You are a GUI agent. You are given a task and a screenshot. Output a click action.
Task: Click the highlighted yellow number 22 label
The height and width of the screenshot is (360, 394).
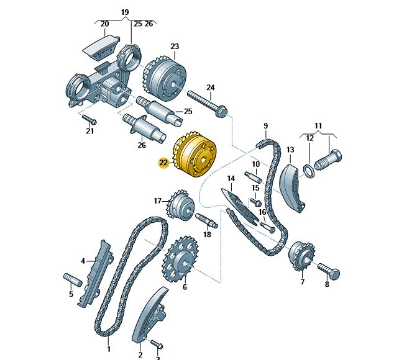click(163, 163)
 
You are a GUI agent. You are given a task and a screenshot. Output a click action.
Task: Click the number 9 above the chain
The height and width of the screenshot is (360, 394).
click(266, 126)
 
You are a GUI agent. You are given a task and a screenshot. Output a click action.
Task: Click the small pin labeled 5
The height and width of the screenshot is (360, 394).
click(73, 279)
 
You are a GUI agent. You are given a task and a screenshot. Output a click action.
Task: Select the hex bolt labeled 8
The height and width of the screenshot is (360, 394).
click(329, 271)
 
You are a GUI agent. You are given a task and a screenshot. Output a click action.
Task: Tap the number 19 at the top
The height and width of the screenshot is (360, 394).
click(125, 12)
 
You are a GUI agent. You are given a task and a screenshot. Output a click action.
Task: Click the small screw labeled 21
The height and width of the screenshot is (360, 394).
click(89, 119)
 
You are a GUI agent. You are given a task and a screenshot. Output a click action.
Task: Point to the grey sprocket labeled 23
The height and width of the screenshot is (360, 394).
click(165, 78)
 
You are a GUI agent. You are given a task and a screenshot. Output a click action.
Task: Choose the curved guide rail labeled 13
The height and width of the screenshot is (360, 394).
click(292, 188)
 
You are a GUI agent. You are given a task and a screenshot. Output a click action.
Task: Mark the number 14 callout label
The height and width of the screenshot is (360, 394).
click(231, 179)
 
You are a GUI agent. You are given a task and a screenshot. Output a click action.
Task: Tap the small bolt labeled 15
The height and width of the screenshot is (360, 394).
click(256, 202)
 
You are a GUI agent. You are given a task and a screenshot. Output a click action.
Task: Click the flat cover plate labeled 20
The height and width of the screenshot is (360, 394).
click(101, 48)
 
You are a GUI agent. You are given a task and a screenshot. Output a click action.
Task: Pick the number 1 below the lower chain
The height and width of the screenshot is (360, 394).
click(109, 349)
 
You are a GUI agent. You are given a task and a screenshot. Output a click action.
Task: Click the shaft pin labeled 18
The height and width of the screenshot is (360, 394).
click(206, 220)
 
